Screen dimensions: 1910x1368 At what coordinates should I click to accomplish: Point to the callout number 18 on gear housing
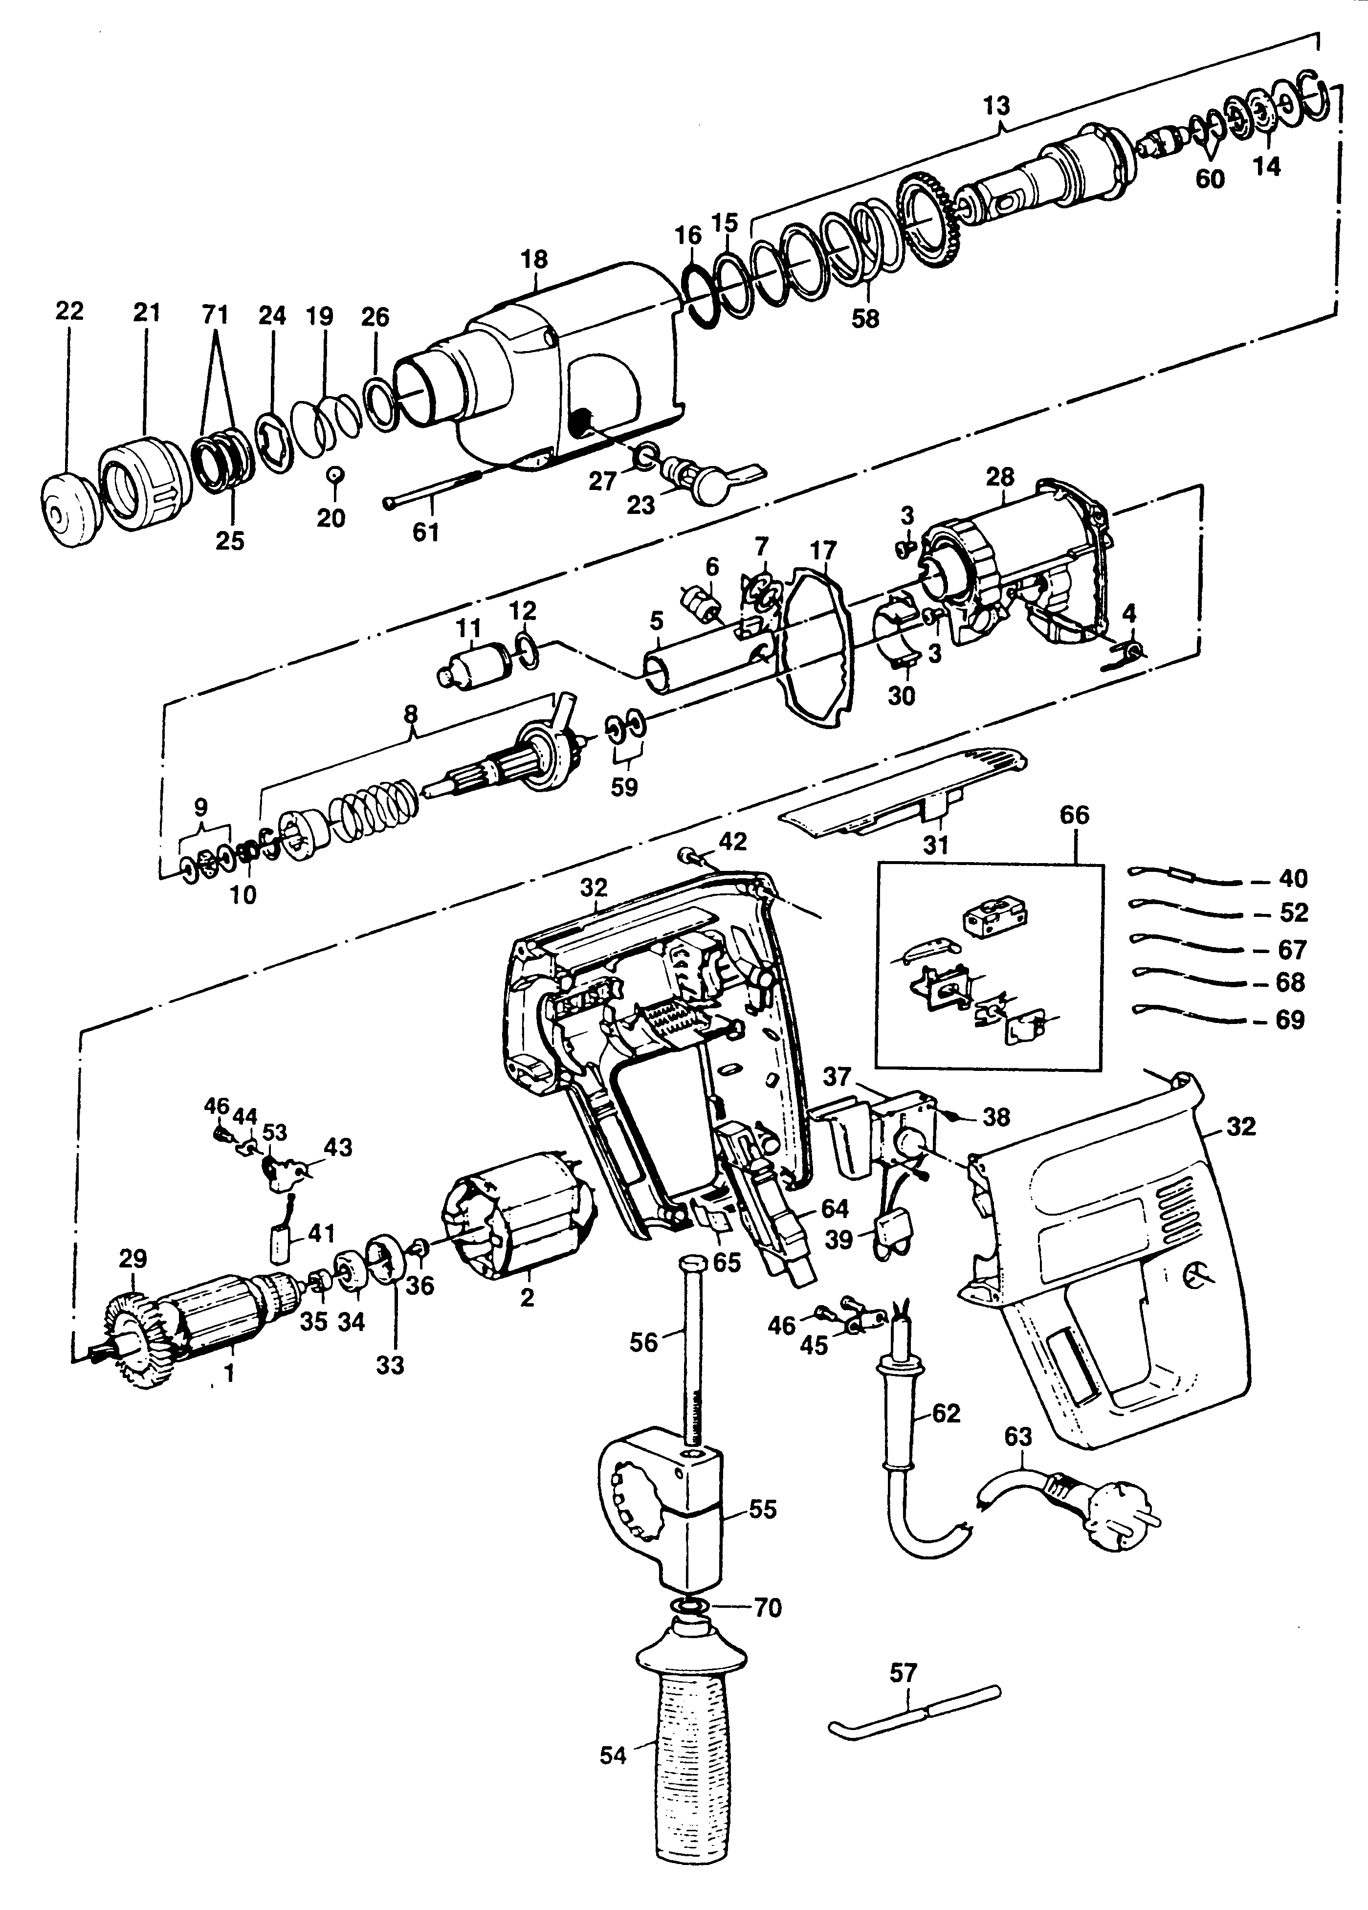click(534, 259)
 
